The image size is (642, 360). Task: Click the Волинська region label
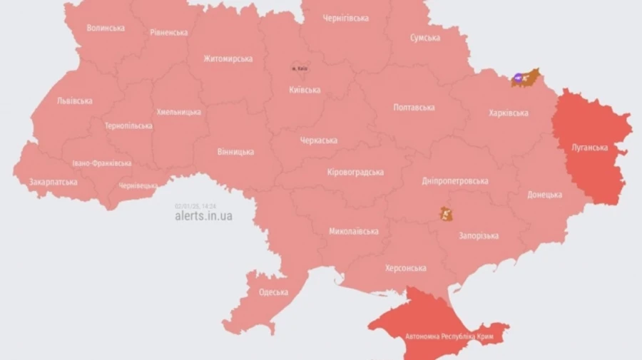tap(106, 28)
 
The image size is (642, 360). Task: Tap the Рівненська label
tap(169, 32)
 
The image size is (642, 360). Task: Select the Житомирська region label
tap(228, 58)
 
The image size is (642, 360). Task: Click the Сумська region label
tap(424, 38)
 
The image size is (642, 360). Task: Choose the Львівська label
tap(74, 101)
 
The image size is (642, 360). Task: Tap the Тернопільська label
tap(128, 125)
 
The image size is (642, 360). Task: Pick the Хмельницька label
tap(178, 112)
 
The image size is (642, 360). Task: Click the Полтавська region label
tap(414, 107)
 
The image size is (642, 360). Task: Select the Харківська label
tap(509, 113)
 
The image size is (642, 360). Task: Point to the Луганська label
tap(590, 148)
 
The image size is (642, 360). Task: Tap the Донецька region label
tap(544, 195)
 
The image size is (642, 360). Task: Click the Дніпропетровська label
tap(454, 180)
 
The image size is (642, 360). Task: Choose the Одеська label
tap(273, 292)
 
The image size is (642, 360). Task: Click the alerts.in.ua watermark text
tap(203, 216)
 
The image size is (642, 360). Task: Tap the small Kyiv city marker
tap(299, 68)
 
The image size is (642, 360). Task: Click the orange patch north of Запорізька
tap(446, 213)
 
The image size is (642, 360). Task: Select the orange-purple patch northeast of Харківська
tap(525, 77)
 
